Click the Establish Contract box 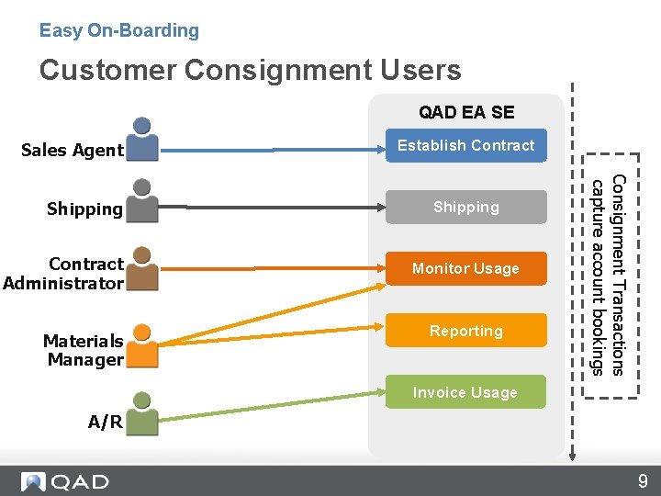pyautogui.click(x=465, y=145)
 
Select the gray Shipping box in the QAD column pyautogui.click(x=465, y=208)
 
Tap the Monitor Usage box pyautogui.click(x=465, y=268)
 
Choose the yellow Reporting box pyautogui.click(x=465, y=331)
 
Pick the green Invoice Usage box pyautogui.click(x=465, y=392)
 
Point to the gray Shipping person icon pyautogui.click(x=141, y=201)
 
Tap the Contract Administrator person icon pyautogui.click(x=141, y=269)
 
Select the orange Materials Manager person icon pyautogui.click(x=141, y=345)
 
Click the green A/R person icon pyautogui.click(x=141, y=413)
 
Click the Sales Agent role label pyautogui.click(x=72, y=151)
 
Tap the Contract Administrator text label pyautogui.click(x=63, y=274)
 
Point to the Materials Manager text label pyautogui.click(x=83, y=350)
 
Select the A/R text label pyautogui.click(x=106, y=423)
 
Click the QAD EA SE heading pyautogui.click(x=466, y=113)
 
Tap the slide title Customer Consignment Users pyautogui.click(x=250, y=70)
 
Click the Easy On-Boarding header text pyautogui.click(x=119, y=30)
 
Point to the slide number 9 pyautogui.click(x=643, y=480)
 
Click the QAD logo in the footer pyautogui.click(x=65, y=481)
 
